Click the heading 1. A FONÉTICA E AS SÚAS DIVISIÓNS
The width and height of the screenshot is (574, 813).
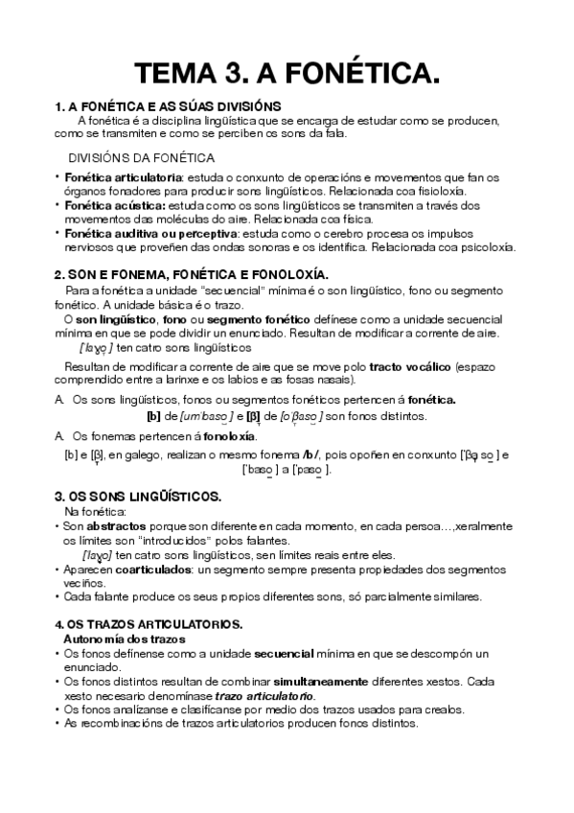pos(168,105)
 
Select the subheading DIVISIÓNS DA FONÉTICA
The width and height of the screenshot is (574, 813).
pos(142,157)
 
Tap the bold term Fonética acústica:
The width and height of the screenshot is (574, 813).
pos(115,205)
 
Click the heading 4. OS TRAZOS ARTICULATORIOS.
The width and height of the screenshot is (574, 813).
pos(149,624)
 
